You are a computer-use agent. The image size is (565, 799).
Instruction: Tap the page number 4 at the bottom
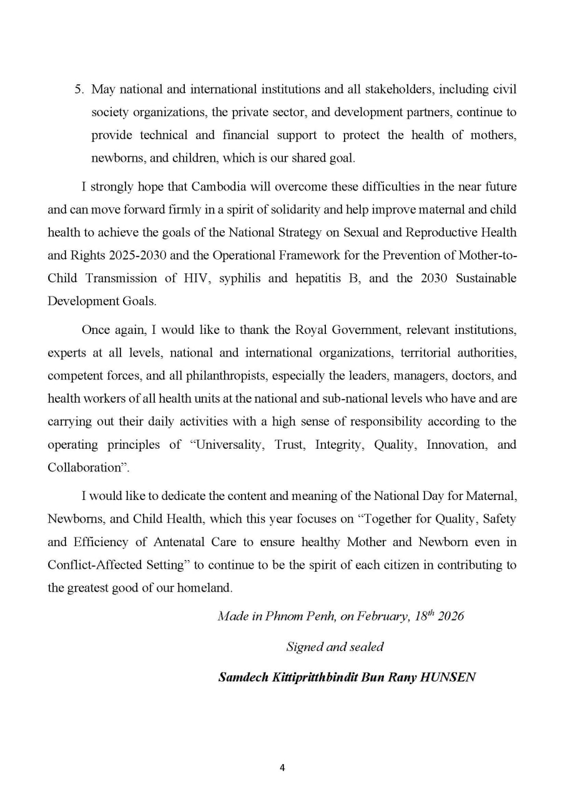[x=282, y=768]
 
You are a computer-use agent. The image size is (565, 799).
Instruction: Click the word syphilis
[x=240, y=278]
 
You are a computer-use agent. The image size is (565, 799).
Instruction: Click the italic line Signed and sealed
[x=335, y=647]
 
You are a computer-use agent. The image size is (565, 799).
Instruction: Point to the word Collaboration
[x=83, y=468]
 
